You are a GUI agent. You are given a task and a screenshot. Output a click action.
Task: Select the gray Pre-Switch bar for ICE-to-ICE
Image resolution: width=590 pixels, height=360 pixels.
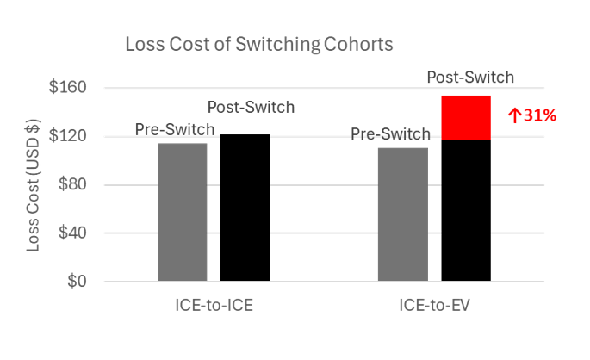(x=183, y=212)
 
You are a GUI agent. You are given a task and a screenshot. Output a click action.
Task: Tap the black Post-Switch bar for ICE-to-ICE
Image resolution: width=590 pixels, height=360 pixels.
(x=245, y=208)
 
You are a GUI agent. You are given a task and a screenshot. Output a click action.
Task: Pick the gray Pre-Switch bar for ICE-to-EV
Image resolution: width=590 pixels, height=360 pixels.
(x=403, y=214)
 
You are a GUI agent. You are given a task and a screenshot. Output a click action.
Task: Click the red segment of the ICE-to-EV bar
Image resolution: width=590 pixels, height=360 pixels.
(x=466, y=117)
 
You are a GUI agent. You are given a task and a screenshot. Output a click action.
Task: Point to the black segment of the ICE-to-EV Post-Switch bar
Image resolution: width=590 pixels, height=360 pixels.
(x=466, y=209)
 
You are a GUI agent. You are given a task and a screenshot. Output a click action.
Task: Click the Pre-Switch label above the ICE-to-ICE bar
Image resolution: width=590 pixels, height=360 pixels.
(x=175, y=129)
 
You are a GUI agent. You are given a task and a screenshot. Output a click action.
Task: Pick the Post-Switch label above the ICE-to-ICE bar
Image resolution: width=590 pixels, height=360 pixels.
(x=252, y=108)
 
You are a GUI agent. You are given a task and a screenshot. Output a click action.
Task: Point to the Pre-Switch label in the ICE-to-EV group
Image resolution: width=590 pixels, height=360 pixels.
(x=390, y=134)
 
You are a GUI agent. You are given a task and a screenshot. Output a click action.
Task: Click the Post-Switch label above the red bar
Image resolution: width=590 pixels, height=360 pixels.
(x=470, y=78)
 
